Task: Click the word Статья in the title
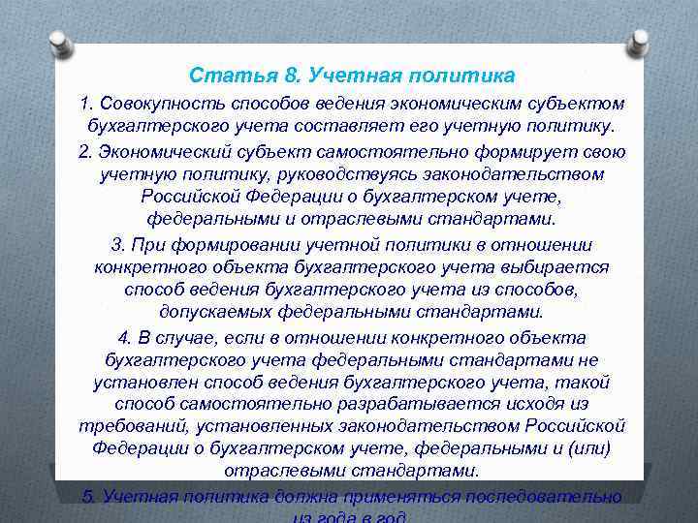point(220,75)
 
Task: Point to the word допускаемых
point(215,313)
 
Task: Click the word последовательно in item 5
point(544,496)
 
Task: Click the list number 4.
point(123,337)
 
